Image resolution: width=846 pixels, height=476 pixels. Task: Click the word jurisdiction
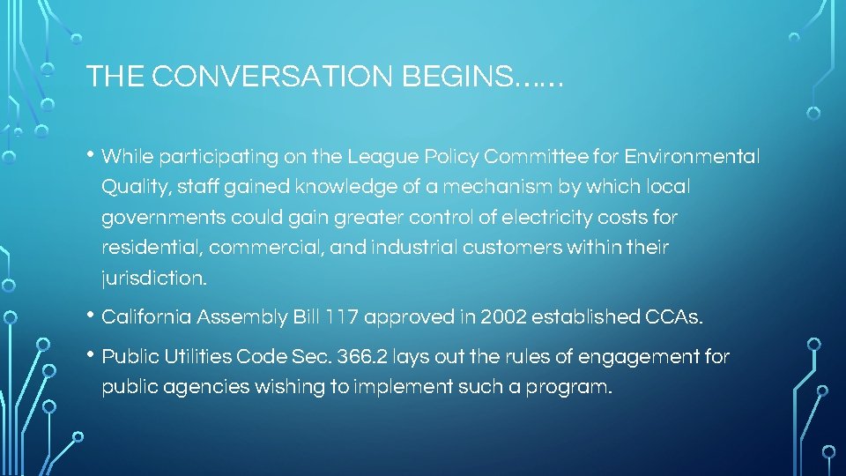154,279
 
